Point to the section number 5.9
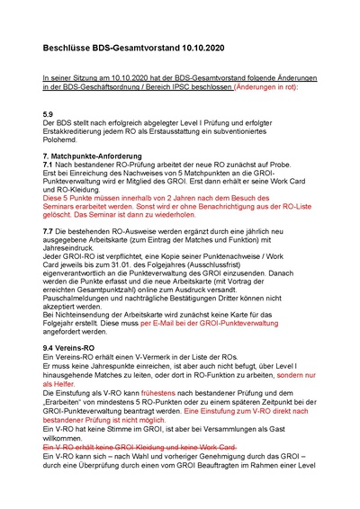pos(49,114)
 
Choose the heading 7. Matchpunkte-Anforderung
pos(94,156)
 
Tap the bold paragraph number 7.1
pos(49,166)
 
